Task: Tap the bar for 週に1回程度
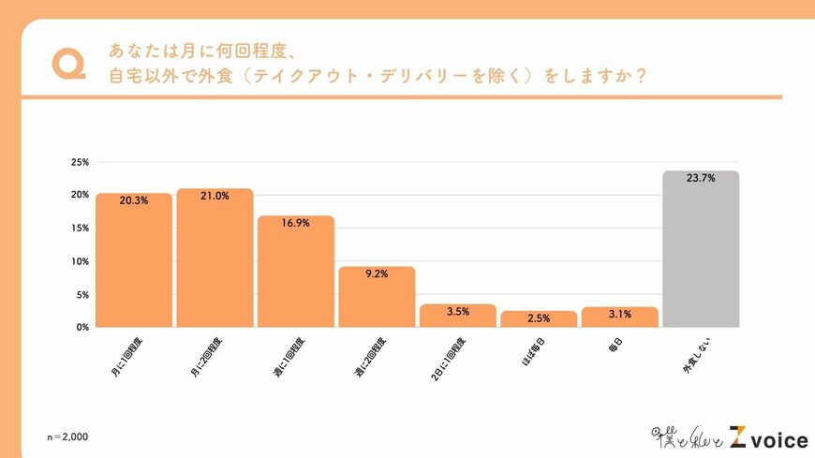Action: click(296, 272)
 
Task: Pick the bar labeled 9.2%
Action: click(377, 297)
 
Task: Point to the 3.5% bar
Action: click(457, 316)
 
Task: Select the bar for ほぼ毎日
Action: click(539, 319)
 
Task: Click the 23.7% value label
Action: click(701, 177)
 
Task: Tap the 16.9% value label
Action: click(296, 224)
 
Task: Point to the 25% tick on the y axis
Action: click(80, 162)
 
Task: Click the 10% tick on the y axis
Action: click(80, 261)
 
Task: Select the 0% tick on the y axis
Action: click(81, 327)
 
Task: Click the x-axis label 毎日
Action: click(619, 344)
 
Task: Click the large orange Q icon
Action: click(69, 63)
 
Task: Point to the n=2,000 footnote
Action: click(69, 437)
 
